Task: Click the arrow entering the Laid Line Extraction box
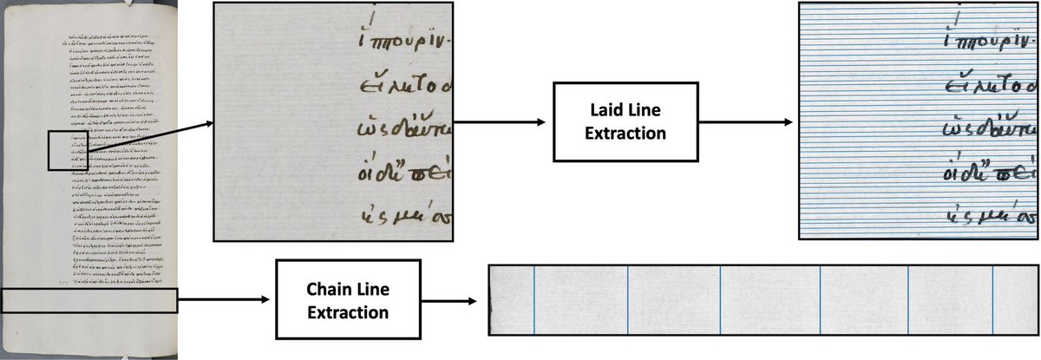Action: tap(501, 122)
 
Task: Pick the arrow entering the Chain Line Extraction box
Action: tap(226, 300)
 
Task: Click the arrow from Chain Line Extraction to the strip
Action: tap(447, 300)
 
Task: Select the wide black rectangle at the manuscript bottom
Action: tap(89, 299)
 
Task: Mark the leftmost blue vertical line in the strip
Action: tap(534, 310)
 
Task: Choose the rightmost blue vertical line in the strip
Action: tap(992, 310)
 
